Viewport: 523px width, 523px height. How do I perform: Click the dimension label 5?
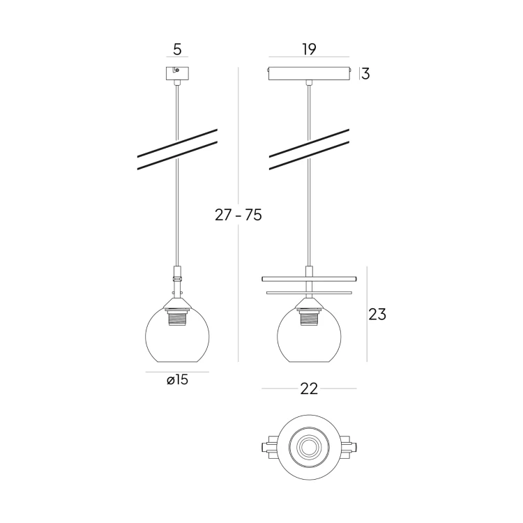tap(177, 50)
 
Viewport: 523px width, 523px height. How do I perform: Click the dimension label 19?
tap(310, 49)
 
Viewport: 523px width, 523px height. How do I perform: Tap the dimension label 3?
tap(365, 74)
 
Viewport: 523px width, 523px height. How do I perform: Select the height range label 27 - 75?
tap(238, 215)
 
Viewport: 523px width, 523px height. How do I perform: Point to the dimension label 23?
tap(377, 314)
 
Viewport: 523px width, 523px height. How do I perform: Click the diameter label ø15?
tap(177, 380)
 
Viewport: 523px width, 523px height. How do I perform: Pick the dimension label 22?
tap(309, 389)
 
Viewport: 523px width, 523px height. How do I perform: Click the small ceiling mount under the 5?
tap(177, 73)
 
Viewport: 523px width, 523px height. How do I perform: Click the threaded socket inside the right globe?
tap(308, 319)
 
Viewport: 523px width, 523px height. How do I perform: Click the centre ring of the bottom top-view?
tap(308, 446)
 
